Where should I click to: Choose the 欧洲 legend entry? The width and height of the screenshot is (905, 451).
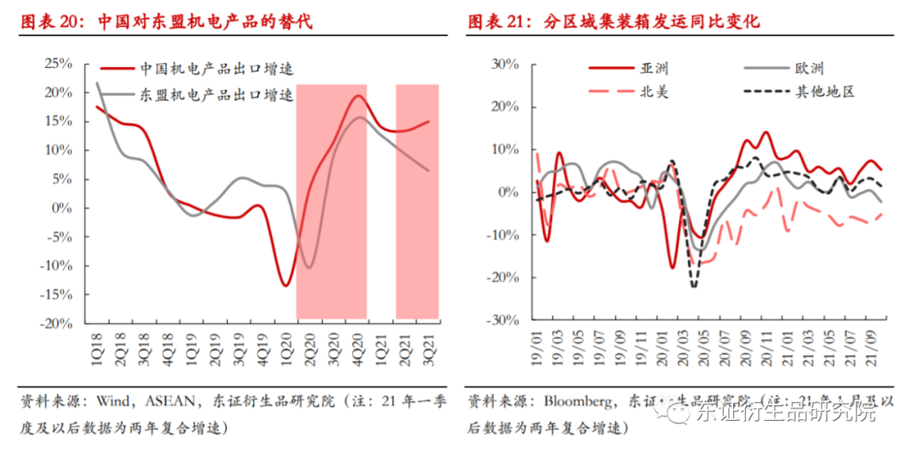808,70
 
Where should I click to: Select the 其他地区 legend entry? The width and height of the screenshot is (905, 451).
825,91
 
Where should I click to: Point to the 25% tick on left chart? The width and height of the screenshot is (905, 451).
59,64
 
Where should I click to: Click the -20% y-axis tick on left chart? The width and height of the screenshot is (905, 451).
57,324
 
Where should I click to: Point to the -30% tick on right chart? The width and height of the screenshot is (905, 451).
508,320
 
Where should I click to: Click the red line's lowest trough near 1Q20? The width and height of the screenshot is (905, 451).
286,286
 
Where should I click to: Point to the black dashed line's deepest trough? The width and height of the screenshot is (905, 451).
694,287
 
